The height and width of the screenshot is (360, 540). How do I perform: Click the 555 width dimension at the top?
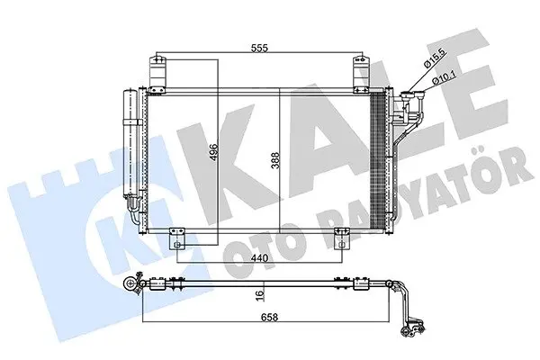point(259,49)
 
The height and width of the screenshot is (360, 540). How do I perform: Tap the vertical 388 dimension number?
point(275,160)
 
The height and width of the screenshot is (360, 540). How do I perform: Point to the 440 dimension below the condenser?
point(259,257)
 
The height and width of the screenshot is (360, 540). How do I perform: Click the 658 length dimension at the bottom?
point(269,317)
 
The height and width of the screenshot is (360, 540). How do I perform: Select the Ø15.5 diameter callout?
point(436,58)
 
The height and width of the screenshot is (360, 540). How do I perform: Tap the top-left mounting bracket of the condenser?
point(157,74)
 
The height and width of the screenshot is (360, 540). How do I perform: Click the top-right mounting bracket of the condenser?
point(362,74)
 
